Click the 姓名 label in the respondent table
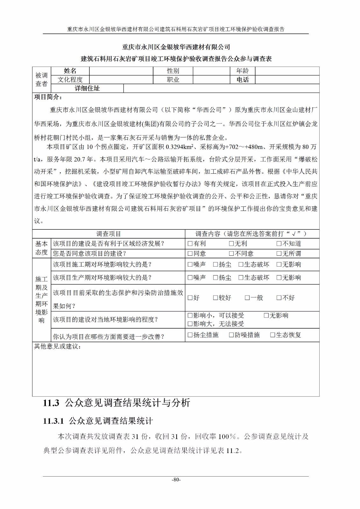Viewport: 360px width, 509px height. (x=70, y=71)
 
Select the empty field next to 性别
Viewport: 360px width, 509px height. (x=211, y=71)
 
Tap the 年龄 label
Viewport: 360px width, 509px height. (x=243, y=71)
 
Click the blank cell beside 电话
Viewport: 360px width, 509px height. (x=287, y=80)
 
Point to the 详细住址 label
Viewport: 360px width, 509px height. (x=87, y=88)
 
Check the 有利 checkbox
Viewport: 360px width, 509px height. (x=190, y=244)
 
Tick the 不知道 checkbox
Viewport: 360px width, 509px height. (x=279, y=244)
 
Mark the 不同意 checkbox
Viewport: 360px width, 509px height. (x=231, y=254)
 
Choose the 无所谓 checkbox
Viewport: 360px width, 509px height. (x=279, y=254)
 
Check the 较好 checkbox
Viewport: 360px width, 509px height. (x=215, y=298)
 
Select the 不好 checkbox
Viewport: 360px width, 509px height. (x=279, y=298)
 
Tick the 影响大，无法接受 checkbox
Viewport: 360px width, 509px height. (x=190, y=324)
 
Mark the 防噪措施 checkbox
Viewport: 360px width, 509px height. (x=231, y=335)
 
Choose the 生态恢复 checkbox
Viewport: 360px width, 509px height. (x=272, y=335)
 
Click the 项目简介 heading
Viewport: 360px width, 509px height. (x=48, y=97)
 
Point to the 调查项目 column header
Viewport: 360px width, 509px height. (x=109, y=234)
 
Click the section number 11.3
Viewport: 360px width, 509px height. (x=51, y=403)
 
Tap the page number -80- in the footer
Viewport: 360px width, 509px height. (x=176, y=480)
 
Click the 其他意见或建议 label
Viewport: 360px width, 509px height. (x=57, y=346)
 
